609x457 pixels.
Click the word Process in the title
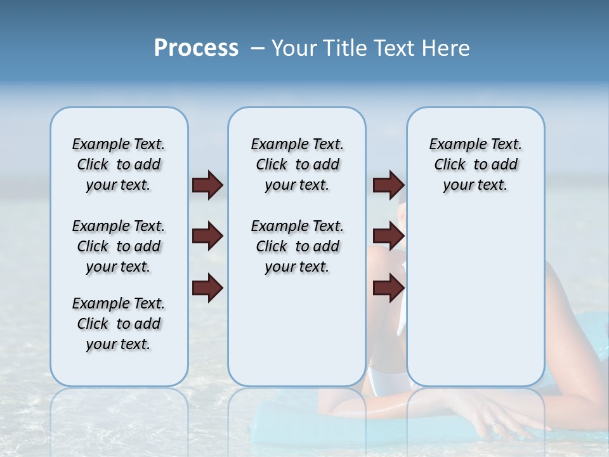click(196, 48)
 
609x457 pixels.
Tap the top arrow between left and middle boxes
click(207, 185)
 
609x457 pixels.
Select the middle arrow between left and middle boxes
click(207, 236)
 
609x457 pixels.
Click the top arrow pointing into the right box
click(388, 185)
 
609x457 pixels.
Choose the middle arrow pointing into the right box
click(388, 236)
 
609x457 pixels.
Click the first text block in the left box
click(119, 164)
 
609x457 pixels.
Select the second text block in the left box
click(119, 246)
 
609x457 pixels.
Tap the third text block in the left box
click(119, 324)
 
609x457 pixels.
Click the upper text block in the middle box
click(297, 164)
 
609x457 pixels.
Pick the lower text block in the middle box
click(297, 246)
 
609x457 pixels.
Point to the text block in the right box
click(475, 164)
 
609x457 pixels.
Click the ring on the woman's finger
click(493, 423)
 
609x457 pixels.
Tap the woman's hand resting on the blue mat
click(501, 419)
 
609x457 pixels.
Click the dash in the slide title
click(258, 48)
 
